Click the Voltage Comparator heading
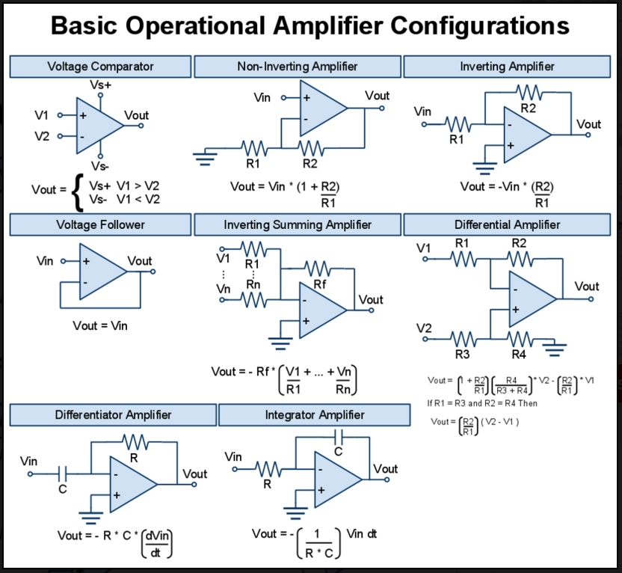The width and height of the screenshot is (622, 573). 100,67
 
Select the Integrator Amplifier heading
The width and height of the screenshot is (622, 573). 315,414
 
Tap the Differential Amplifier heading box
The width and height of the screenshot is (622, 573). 507,224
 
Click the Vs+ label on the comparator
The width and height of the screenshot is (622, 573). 101,85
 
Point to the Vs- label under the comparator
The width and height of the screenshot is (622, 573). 100,165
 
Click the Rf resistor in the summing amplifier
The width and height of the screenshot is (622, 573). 318,268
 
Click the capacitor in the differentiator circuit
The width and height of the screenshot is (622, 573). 63,473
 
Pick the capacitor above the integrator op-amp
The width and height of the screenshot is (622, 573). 339,436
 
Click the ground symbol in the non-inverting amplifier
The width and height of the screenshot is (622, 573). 203,155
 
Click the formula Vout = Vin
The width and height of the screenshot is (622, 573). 100,325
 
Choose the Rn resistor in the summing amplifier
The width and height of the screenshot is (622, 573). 253,299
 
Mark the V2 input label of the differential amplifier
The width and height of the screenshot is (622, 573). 424,328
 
